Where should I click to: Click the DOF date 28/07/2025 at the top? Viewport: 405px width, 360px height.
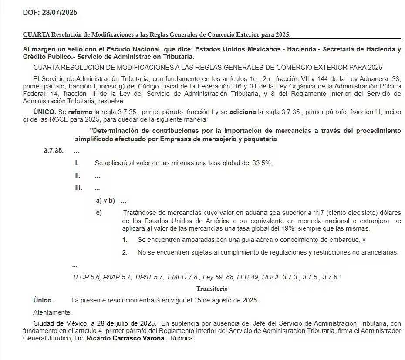coord(60,13)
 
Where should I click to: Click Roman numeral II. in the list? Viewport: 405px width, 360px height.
coord(78,176)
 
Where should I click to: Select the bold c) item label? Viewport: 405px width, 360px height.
coord(99,213)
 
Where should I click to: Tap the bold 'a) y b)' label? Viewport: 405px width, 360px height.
coord(105,201)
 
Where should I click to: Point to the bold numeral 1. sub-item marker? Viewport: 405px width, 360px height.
coord(125,240)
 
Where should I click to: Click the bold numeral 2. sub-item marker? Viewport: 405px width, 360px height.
coord(125,252)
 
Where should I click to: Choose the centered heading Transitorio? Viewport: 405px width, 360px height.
coord(212,289)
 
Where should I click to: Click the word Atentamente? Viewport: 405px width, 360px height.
coord(52,312)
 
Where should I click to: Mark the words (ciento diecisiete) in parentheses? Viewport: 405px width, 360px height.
coord(347,213)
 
